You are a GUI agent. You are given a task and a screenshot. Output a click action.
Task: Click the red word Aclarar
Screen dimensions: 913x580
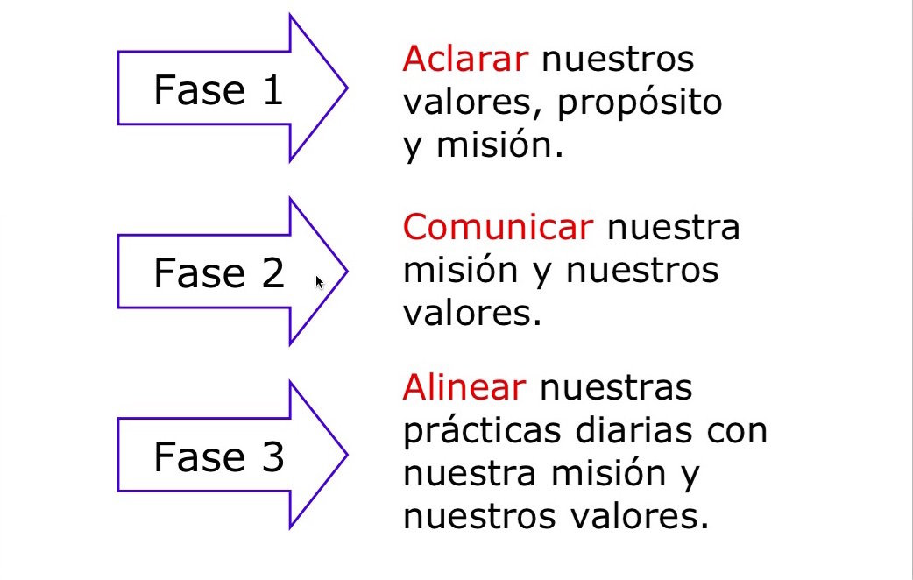[465, 60]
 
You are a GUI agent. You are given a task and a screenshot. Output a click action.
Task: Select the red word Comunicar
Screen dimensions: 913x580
[498, 227]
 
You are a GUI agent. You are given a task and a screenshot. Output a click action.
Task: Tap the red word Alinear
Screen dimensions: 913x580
[464, 386]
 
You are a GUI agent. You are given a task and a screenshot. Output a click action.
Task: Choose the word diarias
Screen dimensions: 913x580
[631, 431]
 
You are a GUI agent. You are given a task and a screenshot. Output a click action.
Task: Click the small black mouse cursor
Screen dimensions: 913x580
[320, 282]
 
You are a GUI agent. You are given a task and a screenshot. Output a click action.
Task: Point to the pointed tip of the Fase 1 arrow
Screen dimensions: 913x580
[346, 88]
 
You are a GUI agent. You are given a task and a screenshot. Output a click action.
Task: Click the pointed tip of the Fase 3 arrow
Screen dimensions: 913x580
[346, 455]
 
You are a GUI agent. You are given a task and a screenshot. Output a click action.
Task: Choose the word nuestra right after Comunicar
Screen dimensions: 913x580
[673, 227]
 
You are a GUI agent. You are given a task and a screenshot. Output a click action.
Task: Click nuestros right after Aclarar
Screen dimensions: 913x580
[618, 60]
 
